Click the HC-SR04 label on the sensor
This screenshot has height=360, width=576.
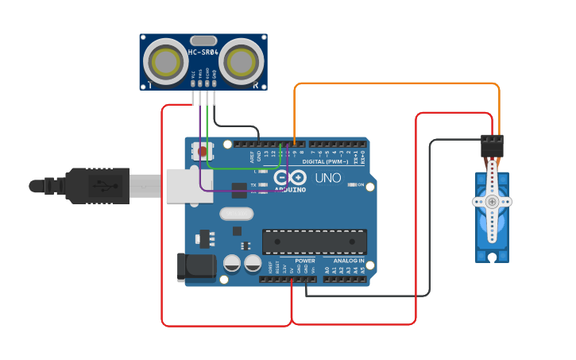(203, 52)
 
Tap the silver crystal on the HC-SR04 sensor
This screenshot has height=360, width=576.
(203, 40)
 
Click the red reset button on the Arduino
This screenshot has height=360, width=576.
(203, 150)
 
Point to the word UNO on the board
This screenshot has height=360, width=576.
(327, 179)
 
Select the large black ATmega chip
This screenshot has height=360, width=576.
(315, 242)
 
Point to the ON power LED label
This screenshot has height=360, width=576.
(361, 185)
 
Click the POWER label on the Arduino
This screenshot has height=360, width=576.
(305, 261)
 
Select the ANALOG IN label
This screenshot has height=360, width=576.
(349, 261)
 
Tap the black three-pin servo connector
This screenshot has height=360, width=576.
(492, 145)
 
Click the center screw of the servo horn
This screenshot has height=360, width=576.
(493, 202)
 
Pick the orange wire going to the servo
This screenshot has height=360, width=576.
(397, 83)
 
